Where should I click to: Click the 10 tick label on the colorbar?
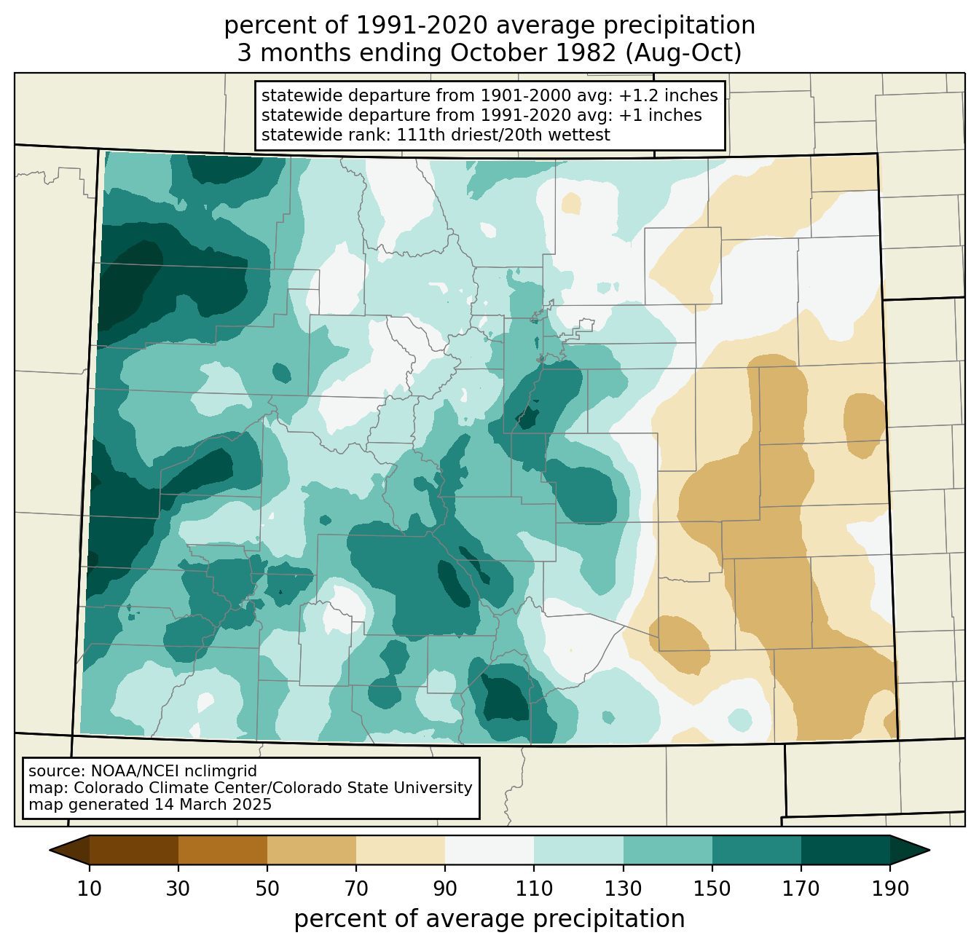89,888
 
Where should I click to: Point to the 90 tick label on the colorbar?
445,888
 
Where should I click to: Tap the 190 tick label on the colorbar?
890,888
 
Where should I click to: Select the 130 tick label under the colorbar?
624,888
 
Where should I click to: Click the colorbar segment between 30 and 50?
223,850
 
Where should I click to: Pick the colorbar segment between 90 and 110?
489,850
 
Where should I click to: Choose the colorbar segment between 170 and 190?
846,850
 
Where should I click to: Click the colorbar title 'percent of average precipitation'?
489,919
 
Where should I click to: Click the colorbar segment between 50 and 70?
312,850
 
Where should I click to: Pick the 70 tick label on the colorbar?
356,888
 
